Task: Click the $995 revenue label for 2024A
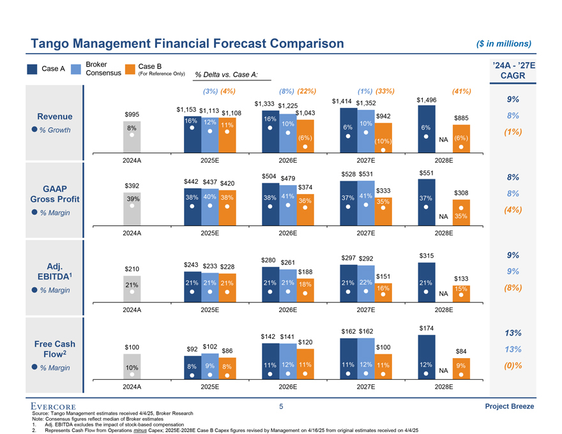(132, 114)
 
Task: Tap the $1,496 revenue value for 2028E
(426, 100)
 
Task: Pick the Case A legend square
(32, 69)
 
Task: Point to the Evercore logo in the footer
(54, 407)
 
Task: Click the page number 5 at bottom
(281, 407)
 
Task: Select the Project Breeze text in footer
(508, 407)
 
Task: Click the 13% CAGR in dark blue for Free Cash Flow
(513, 333)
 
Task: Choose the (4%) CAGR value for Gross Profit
(513, 210)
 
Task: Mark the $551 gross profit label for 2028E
(426, 173)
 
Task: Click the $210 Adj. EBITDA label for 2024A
(132, 269)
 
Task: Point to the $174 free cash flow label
(426, 328)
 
